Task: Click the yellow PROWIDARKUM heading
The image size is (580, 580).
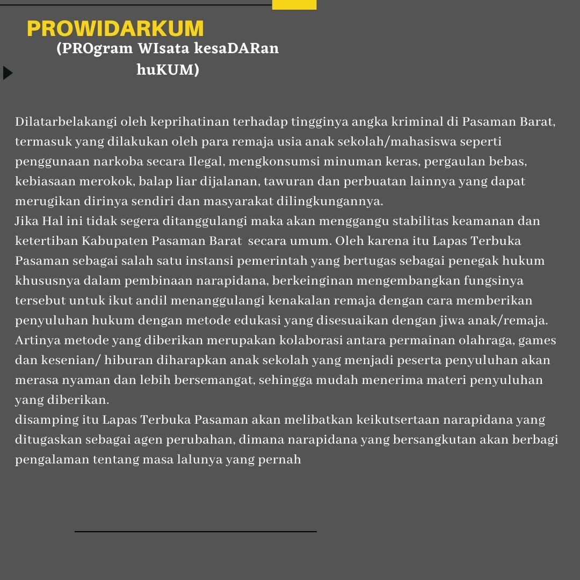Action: tap(115, 29)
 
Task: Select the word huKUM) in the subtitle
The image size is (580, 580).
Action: tap(168, 70)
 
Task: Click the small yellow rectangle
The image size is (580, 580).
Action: tap(294, 4)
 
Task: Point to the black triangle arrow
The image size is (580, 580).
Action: tap(8, 73)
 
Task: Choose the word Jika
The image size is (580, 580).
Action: tap(26, 221)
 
